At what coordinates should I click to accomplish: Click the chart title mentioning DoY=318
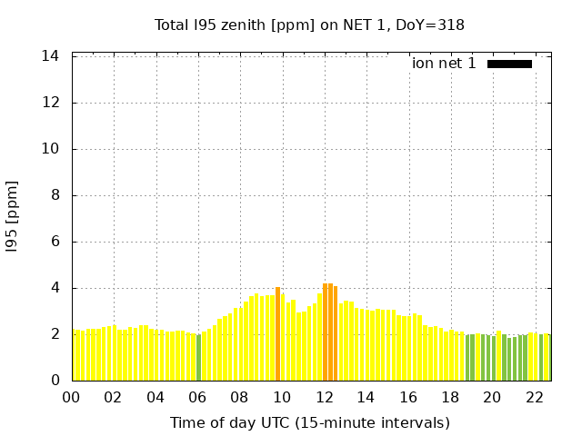click(x=309, y=25)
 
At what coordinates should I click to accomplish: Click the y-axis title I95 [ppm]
click(x=13, y=216)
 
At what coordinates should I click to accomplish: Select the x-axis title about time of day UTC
click(x=309, y=422)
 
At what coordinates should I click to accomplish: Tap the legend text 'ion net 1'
click(x=444, y=64)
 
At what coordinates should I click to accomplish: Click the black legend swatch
click(x=509, y=64)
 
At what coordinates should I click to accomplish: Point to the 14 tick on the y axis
click(x=51, y=56)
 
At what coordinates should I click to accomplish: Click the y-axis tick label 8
click(x=55, y=195)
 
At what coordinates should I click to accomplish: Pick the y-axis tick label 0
click(x=55, y=381)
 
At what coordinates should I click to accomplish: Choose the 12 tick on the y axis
click(x=51, y=103)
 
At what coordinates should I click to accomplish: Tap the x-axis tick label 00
click(x=72, y=397)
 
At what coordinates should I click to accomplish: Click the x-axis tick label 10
click(x=282, y=397)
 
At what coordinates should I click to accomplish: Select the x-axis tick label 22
click(x=535, y=397)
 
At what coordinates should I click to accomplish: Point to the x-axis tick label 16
click(x=408, y=397)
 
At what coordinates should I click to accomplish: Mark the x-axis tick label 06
click(x=198, y=397)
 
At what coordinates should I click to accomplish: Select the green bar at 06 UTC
click(x=199, y=357)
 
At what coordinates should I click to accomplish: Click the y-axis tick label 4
click(x=55, y=288)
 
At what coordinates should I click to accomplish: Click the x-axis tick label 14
click(x=366, y=397)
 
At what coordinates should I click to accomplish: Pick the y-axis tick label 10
click(x=51, y=149)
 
